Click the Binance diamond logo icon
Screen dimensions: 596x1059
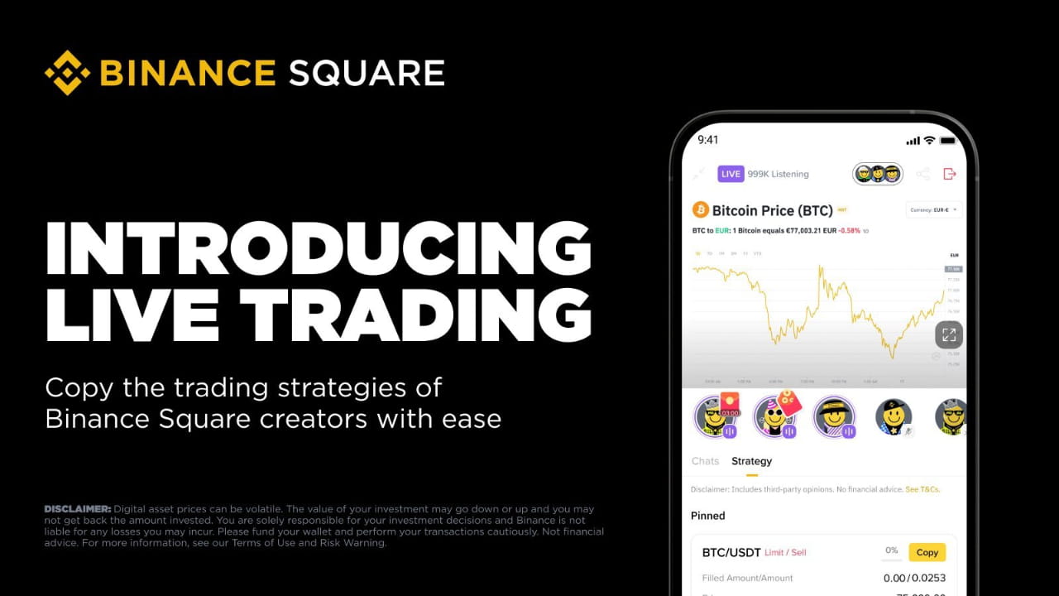click(67, 73)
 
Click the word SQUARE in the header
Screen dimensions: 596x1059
click(367, 74)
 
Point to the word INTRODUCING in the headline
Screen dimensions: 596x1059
click(319, 248)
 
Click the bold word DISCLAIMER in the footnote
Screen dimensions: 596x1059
click(77, 508)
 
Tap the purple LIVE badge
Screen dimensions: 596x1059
click(731, 174)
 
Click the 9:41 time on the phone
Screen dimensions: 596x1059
click(708, 140)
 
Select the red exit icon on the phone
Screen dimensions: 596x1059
click(950, 174)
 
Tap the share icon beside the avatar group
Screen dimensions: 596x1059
click(923, 174)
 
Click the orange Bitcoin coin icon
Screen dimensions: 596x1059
click(701, 209)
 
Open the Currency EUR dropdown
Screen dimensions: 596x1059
click(934, 209)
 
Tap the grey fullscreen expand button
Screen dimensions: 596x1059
click(949, 334)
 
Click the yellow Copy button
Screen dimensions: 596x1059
click(927, 552)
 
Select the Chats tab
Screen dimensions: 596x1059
click(705, 461)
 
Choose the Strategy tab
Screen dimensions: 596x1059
click(751, 461)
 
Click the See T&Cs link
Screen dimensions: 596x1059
click(922, 489)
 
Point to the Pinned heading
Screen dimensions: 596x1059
click(707, 516)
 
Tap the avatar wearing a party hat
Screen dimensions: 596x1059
click(774, 416)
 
